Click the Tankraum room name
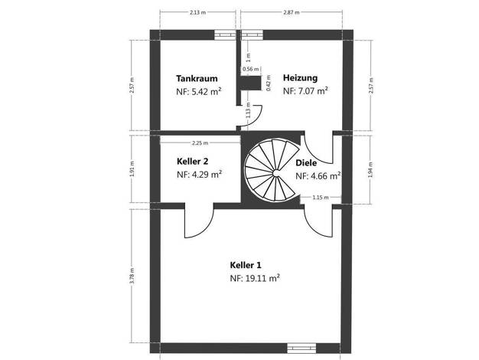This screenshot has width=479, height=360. click(x=197, y=79)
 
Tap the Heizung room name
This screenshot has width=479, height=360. click(x=300, y=78)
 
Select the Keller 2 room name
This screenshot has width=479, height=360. click(x=193, y=161)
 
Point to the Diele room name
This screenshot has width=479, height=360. click(x=306, y=163)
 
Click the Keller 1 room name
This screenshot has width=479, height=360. click(x=246, y=265)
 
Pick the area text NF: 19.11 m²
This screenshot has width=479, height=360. click(x=255, y=278)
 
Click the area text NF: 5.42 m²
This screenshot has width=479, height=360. click(x=199, y=92)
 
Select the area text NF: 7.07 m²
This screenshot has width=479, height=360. click(x=305, y=91)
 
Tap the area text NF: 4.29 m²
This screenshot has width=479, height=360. click(x=199, y=175)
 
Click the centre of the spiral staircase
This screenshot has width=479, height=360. click(x=276, y=173)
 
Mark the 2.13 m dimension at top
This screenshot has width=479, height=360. click(x=197, y=12)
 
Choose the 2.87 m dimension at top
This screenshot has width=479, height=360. click(x=291, y=12)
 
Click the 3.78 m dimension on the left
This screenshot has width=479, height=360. click(x=132, y=276)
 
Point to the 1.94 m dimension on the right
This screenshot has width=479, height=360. click(x=371, y=170)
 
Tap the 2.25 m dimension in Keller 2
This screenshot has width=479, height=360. click(x=200, y=142)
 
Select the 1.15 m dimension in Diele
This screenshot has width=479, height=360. click(x=321, y=198)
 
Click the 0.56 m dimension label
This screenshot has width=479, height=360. click(x=250, y=69)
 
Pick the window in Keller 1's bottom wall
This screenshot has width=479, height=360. click(x=301, y=348)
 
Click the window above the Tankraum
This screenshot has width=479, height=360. click(x=225, y=35)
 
